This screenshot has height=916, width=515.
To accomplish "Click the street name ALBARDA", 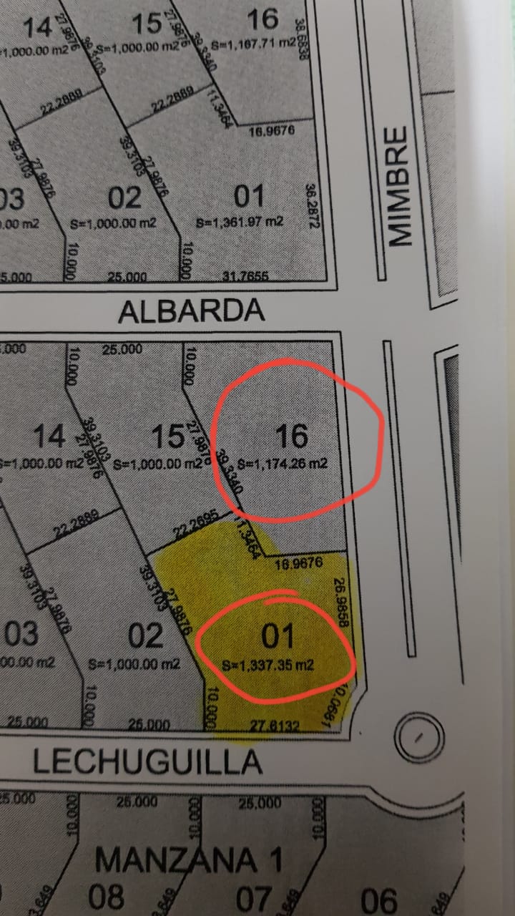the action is [191, 311].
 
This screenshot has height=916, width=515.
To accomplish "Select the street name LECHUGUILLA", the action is [147, 762].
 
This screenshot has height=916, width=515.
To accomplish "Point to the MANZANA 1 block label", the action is [187, 859].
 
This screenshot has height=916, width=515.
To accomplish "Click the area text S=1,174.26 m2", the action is [283, 464].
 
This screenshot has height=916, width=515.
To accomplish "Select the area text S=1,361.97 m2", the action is [240, 222].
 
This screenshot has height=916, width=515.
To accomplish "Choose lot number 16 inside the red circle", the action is [291, 435].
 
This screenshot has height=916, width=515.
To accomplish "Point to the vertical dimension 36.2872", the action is [311, 206].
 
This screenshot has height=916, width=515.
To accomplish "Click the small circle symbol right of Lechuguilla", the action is [420, 736].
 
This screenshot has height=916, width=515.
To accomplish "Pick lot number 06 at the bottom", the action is [378, 899].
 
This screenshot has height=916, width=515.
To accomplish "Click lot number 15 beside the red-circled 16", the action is [170, 436].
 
